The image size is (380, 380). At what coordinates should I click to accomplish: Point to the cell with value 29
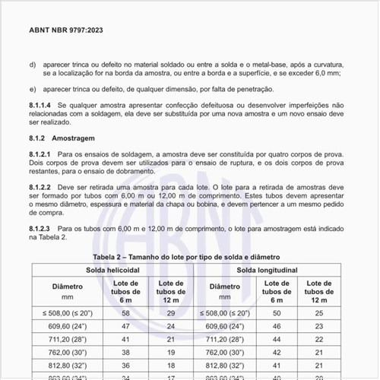tap(171, 313)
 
